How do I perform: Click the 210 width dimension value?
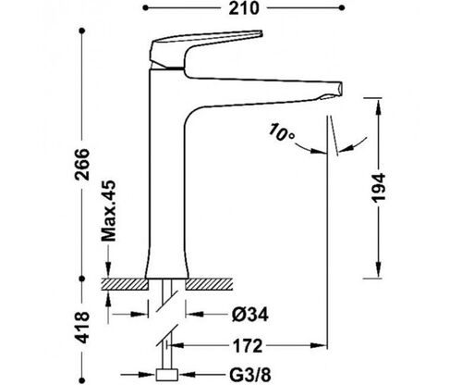tap(244, 8)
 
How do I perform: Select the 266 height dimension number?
tap(82, 165)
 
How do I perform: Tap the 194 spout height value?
tap(378, 188)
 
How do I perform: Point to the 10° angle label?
tap(281, 132)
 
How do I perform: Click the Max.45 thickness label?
tap(109, 211)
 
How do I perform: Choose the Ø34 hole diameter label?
tap(250, 315)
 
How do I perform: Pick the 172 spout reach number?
tap(248, 345)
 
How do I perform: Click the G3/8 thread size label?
tap(250, 375)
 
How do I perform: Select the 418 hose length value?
tap(82, 327)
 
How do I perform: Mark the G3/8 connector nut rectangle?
tap(166, 375)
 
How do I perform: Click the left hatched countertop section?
tap(125, 284)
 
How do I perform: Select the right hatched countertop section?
tap(209, 284)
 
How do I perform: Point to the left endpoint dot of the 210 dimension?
tap(145, 8)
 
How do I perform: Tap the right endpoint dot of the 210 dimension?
tap(342, 8)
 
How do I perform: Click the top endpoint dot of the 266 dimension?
tap(82, 31)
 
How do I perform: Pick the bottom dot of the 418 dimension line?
tap(82, 380)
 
